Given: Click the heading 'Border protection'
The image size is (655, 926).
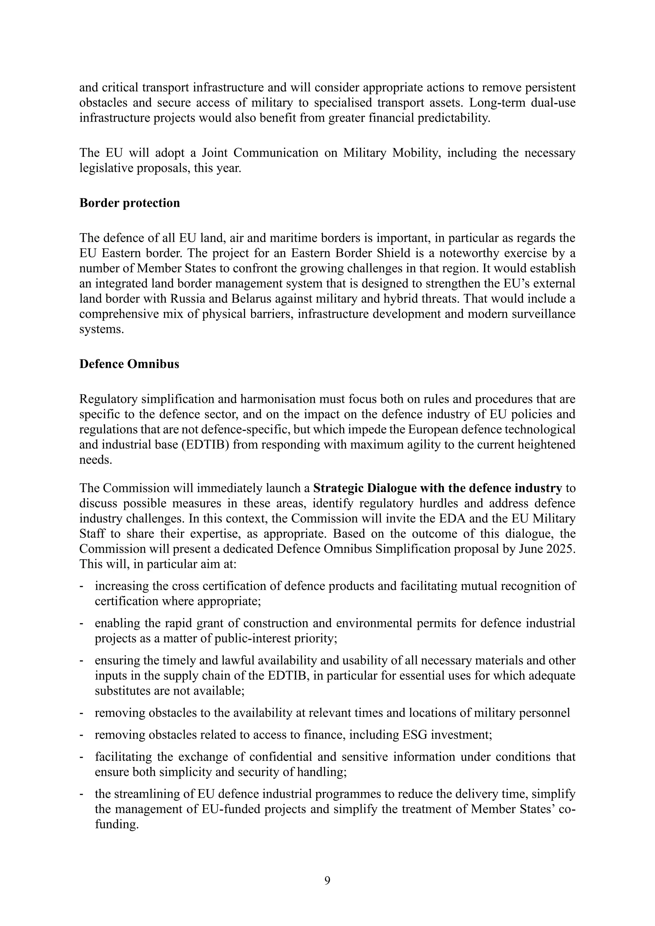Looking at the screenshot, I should pyautogui.click(x=130, y=203).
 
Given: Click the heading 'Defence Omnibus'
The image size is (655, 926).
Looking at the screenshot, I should pyautogui.click(x=129, y=364).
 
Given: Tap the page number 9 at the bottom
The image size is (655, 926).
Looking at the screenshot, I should pyautogui.click(x=327, y=880).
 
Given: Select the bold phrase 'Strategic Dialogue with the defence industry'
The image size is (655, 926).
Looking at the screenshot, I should pyautogui.click(x=437, y=488).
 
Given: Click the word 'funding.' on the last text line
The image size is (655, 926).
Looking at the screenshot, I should pyautogui.click(x=116, y=825).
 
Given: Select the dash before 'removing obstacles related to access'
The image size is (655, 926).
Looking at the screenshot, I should pyautogui.click(x=82, y=735).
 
